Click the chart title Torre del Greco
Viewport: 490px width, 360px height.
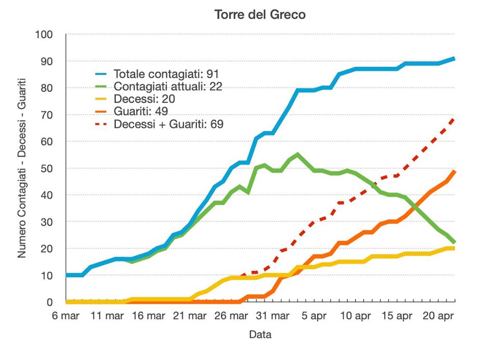tap(260, 14)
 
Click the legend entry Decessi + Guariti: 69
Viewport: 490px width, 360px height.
tap(168, 124)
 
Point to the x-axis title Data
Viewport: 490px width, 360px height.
tap(260, 335)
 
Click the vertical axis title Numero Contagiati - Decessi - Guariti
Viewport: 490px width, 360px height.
tap(22, 168)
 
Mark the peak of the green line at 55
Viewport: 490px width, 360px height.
tap(298, 154)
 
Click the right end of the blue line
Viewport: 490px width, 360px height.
tap(454, 59)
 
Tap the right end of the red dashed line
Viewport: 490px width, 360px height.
tap(454, 118)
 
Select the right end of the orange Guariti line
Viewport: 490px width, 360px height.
tap(454, 171)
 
